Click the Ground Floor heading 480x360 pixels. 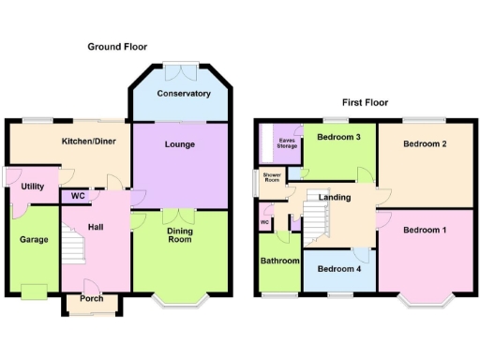point(117,46)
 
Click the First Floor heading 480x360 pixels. point(365,102)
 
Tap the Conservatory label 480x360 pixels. point(183,94)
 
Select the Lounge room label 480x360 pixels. point(179,145)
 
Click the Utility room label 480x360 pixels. point(32,187)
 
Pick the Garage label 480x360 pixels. point(34,239)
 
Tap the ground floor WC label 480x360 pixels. point(78,196)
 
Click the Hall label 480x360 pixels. point(96,226)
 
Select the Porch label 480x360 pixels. point(92,300)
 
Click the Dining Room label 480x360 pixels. point(180,234)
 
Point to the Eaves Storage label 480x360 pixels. point(286,142)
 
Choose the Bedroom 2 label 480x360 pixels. point(424,143)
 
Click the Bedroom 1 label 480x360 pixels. point(424,231)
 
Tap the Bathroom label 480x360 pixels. point(279,261)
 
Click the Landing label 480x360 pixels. point(335,198)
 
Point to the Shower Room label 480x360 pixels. point(272,177)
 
